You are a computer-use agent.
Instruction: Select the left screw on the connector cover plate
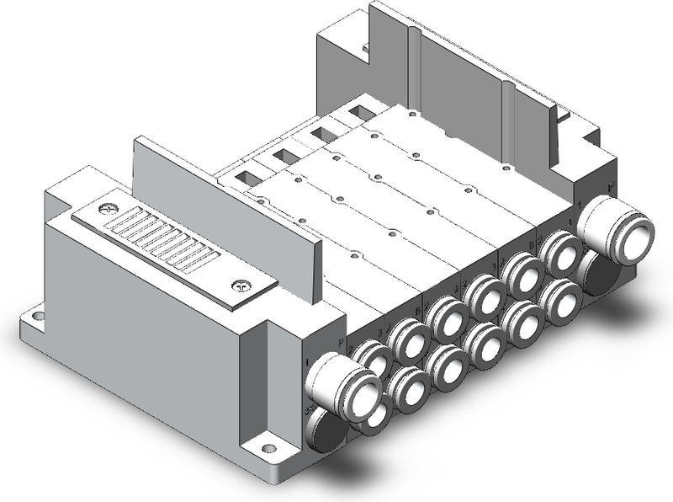[105, 208]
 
